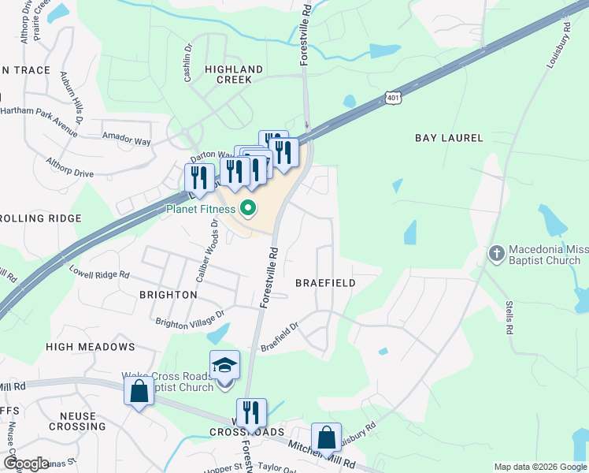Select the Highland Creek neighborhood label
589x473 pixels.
228,74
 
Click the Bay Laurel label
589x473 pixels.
449,138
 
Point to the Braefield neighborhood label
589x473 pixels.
325,282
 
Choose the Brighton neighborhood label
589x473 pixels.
168,294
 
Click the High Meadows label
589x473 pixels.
91,347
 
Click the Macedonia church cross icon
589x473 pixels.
497,253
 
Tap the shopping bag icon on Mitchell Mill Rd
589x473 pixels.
139,391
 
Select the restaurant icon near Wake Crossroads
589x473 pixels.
251,412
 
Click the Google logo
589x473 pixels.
26,464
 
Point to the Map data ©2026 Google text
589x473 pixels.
539,467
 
